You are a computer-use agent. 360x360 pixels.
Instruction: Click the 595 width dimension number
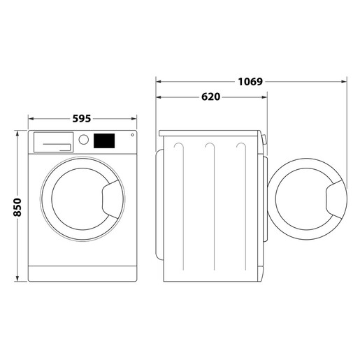point(82,119)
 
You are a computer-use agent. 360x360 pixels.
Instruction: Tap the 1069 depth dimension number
point(250,82)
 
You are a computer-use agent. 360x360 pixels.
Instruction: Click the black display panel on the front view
point(105,141)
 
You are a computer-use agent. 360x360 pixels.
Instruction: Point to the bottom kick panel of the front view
point(85,271)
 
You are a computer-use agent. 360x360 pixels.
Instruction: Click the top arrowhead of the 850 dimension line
point(17,131)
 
